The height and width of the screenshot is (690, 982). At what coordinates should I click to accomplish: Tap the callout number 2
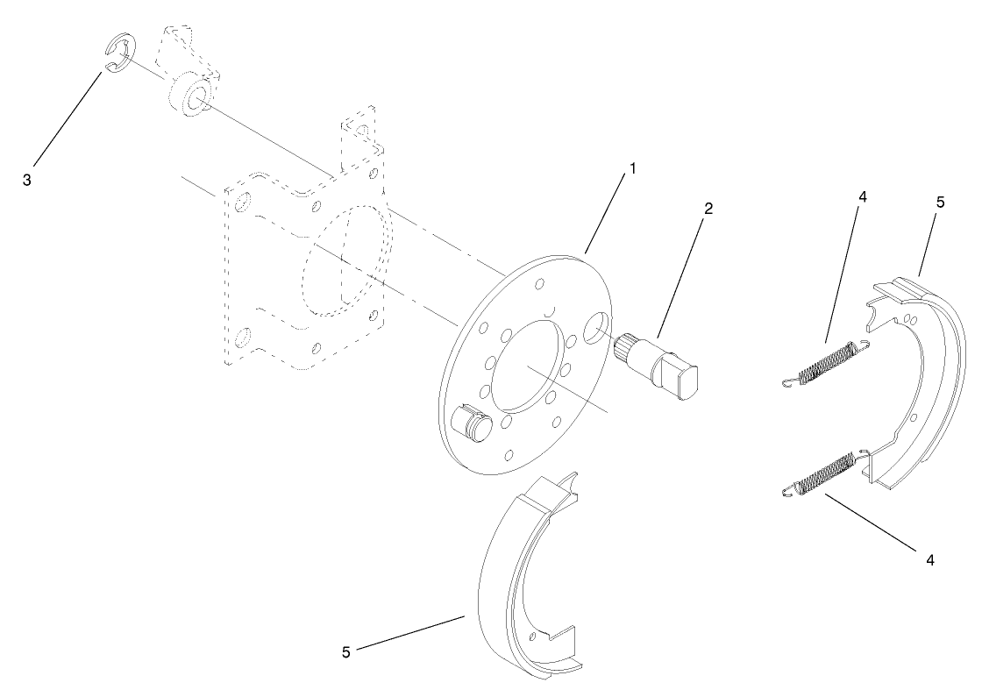708,209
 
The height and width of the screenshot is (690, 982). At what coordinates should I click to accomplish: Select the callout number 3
27,180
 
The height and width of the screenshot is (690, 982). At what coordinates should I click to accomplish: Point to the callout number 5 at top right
940,203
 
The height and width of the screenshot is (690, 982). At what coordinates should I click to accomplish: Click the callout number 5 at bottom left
346,651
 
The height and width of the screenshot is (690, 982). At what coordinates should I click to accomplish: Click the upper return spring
826,361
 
